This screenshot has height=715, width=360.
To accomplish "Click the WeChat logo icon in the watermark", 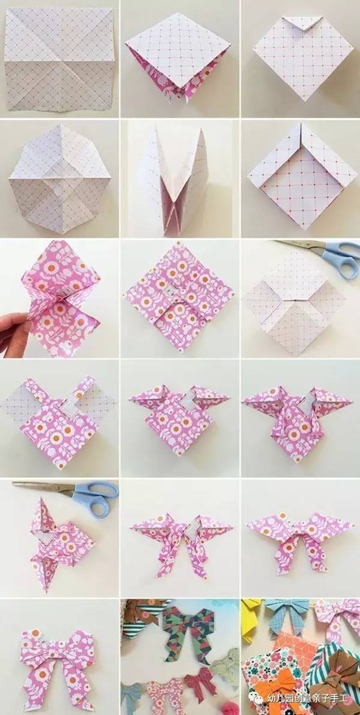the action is (258, 698).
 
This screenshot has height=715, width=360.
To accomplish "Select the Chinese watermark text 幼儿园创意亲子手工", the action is (308, 698).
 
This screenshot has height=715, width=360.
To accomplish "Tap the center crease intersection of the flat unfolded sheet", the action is (60, 60).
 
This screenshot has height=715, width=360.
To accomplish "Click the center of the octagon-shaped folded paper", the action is (60, 178).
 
